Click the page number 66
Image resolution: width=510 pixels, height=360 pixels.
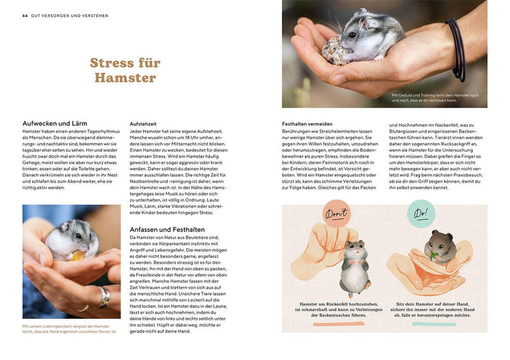25,16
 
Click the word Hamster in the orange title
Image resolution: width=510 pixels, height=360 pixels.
123,77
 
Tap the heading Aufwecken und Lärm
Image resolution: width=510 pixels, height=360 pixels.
54,123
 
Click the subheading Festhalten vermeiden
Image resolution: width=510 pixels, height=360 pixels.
311,123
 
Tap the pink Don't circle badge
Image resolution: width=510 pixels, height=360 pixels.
337,215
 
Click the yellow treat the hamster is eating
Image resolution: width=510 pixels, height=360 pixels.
76,256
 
